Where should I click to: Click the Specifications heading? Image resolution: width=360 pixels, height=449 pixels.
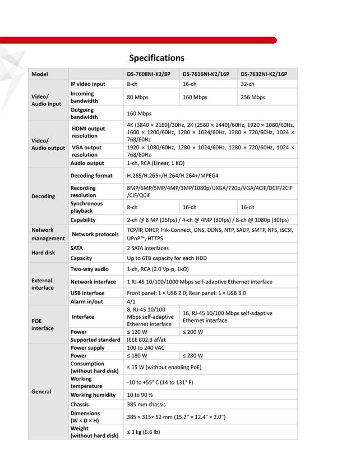click(x=156, y=58)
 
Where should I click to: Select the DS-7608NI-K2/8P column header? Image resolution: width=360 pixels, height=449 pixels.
click(x=149, y=74)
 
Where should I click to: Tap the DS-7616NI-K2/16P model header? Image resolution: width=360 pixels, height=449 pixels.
click(x=206, y=74)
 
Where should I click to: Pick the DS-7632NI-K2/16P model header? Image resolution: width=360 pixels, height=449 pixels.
click(x=264, y=74)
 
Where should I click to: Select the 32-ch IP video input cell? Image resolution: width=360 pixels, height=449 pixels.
click(x=247, y=84)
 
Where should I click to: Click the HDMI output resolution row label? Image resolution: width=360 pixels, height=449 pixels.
click(x=88, y=132)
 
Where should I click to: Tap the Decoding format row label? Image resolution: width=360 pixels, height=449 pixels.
click(x=91, y=176)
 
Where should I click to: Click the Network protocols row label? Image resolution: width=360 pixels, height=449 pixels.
click(x=95, y=234)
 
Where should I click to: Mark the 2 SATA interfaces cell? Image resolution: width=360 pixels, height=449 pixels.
click(x=147, y=248)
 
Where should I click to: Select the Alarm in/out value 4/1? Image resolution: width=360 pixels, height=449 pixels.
click(x=132, y=301)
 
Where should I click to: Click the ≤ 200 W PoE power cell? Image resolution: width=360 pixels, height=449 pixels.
click(x=193, y=331)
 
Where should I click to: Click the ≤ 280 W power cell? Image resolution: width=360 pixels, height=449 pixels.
click(x=193, y=356)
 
